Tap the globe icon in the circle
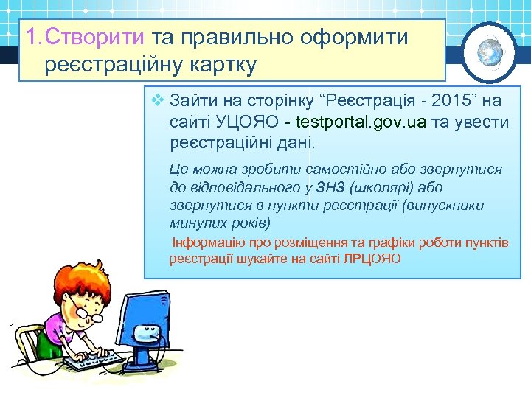(x=490, y=51)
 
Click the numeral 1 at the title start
(x=29, y=38)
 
